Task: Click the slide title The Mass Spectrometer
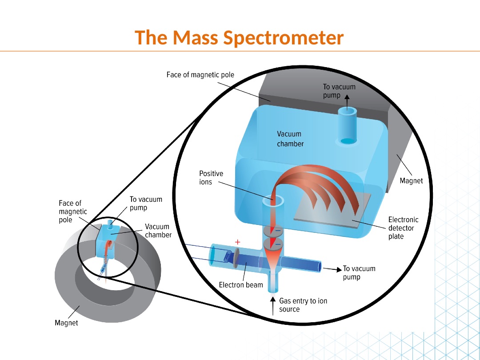[x=240, y=38]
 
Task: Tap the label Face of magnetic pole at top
[x=200, y=75]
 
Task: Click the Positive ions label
[x=211, y=178]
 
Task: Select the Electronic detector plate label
[x=403, y=228]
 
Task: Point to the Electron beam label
[x=241, y=284]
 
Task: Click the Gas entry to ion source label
[x=303, y=305]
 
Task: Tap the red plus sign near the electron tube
[x=237, y=242]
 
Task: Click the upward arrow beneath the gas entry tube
[x=273, y=306]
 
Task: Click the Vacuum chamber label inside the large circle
[x=290, y=139]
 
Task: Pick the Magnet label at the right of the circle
[x=411, y=181]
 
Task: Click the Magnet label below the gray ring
[x=66, y=323]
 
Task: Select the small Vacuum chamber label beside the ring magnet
[x=158, y=231]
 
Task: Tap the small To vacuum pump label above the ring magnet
[x=146, y=204]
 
